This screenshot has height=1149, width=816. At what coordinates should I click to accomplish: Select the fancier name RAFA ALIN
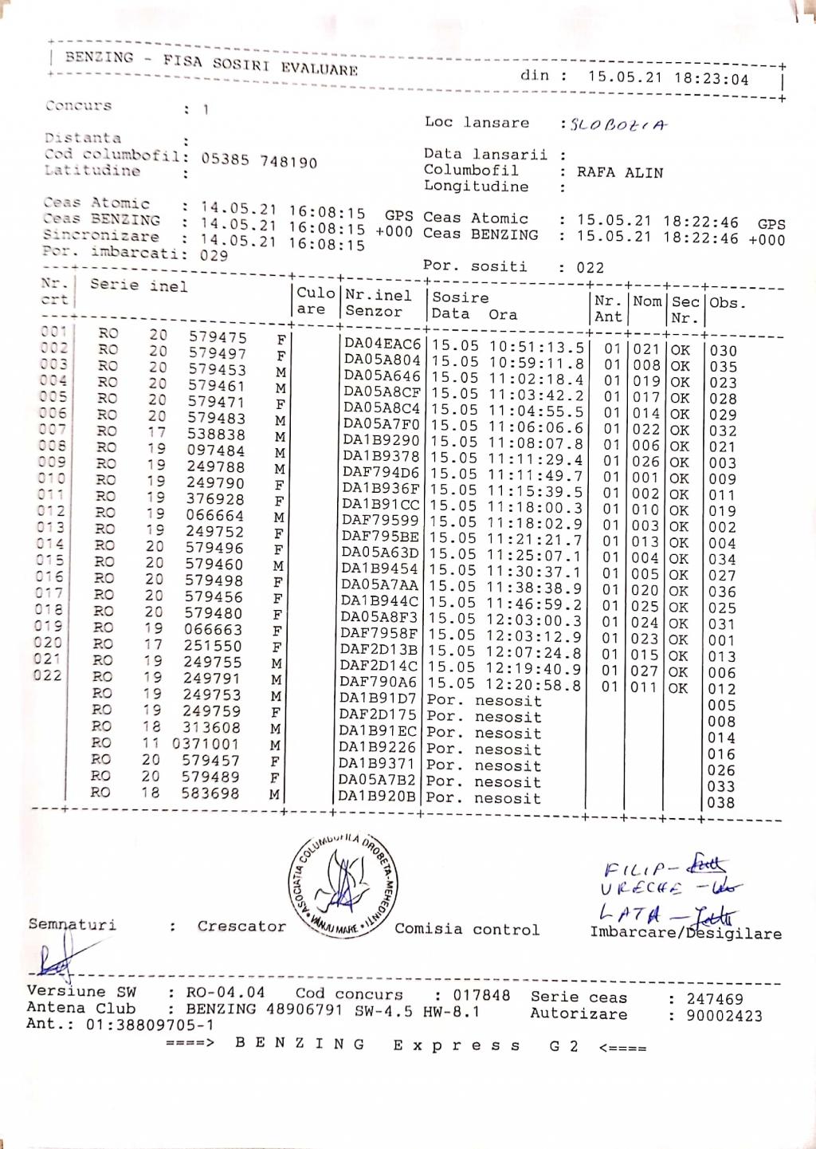pyautogui.click(x=620, y=172)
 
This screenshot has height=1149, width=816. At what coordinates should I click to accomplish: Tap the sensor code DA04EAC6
pyautogui.click(x=382, y=344)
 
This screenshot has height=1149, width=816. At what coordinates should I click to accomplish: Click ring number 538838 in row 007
pyautogui.click(x=216, y=435)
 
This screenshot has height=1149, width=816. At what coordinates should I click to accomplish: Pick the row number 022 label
pyautogui.click(x=48, y=675)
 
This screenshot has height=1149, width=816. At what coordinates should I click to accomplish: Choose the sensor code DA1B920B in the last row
pyautogui.click(x=377, y=796)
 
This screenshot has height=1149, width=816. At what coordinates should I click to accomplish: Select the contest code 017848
pyautogui.click(x=481, y=995)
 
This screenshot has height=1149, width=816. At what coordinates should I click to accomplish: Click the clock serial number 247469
pyautogui.click(x=715, y=999)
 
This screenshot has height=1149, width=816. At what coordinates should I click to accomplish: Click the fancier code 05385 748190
pyautogui.click(x=259, y=160)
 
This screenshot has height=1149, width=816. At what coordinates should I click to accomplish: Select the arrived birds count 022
pyautogui.click(x=590, y=268)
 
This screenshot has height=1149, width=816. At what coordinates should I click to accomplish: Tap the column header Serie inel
pyautogui.click(x=139, y=285)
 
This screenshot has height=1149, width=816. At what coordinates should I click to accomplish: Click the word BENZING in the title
pyautogui.click(x=100, y=57)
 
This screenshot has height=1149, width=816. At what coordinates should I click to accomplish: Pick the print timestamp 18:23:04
pyautogui.click(x=712, y=79)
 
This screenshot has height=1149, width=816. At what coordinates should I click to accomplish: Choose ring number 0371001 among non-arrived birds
pyautogui.click(x=206, y=744)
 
